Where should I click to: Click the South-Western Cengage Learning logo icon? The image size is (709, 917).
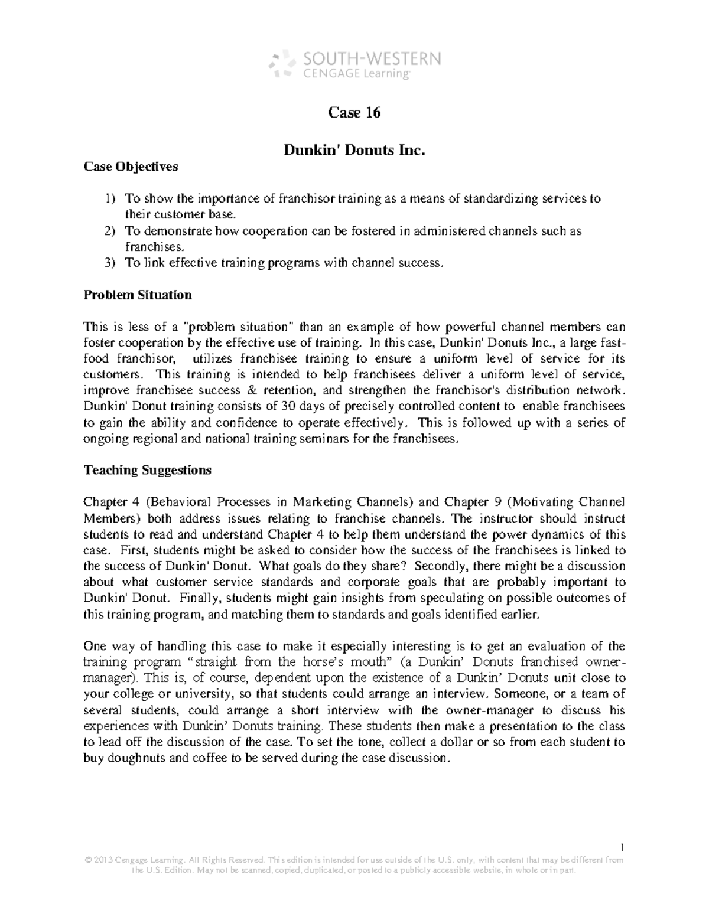click(x=282, y=64)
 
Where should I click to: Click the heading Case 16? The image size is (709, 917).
click(x=354, y=112)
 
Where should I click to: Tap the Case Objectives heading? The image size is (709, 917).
click(x=131, y=167)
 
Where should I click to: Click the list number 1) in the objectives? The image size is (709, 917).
click(x=110, y=199)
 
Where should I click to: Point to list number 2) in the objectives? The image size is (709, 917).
click(x=110, y=231)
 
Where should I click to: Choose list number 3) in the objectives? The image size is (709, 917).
click(x=110, y=263)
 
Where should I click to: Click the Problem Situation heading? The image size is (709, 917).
click(x=138, y=295)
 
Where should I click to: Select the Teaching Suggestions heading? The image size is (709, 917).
click(x=147, y=470)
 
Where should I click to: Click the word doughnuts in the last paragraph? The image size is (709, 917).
click(x=132, y=759)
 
